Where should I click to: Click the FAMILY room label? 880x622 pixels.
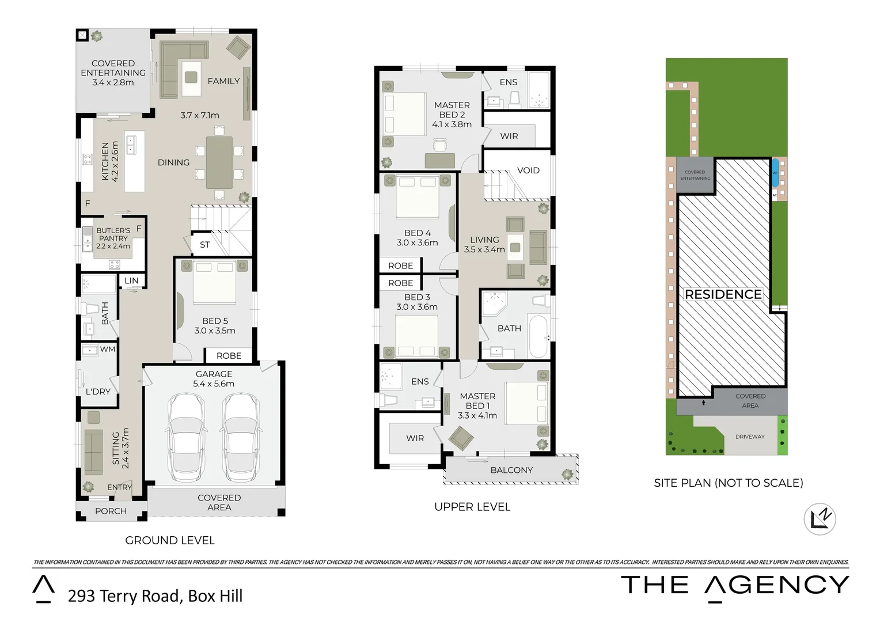click(x=223, y=81)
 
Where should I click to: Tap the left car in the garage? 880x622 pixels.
click(x=185, y=438)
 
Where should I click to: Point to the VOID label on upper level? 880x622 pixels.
click(x=528, y=170)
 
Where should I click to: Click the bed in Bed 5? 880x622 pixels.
click(x=214, y=282)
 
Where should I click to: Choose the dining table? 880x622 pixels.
click(x=219, y=162)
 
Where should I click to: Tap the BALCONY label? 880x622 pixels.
click(x=511, y=470)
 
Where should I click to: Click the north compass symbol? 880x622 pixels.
click(x=820, y=519)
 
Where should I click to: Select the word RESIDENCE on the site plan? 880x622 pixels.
click(x=723, y=294)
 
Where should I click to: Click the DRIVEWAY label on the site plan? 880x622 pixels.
click(x=750, y=437)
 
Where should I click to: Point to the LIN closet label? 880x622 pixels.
click(x=131, y=280)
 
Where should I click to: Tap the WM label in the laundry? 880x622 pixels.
click(x=108, y=349)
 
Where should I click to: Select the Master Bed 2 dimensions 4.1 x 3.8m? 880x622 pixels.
click(x=452, y=124)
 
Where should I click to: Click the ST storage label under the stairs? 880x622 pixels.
click(x=204, y=245)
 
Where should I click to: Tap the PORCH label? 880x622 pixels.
click(x=111, y=511)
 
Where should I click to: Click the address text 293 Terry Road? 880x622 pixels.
click(x=124, y=596)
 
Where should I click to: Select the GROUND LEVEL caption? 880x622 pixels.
click(x=170, y=540)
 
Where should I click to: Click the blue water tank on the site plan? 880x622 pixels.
click(x=775, y=173)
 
